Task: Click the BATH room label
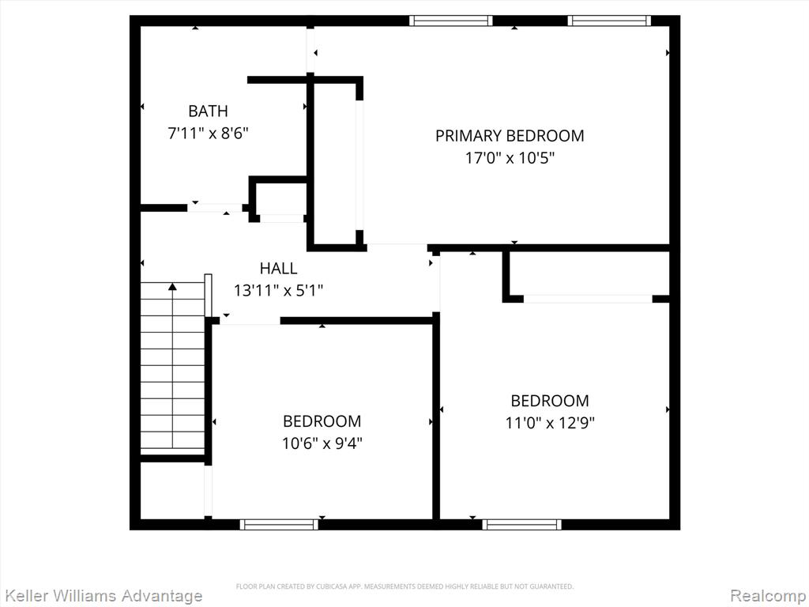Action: pos(208,111)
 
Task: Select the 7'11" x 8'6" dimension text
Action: pos(209,134)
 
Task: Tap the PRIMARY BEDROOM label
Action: pos(510,136)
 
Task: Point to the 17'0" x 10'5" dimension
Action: pos(510,158)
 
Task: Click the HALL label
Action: pos(278,269)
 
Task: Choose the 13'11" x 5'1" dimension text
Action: pos(279,291)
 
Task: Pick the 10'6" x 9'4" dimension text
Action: pos(322,443)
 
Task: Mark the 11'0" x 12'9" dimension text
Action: pos(550,424)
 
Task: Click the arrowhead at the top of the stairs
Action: pos(173,286)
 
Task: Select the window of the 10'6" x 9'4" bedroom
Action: pos(279,525)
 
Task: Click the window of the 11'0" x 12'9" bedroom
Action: pos(521,525)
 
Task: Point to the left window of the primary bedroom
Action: pos(451,21)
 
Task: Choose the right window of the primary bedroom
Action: pos(609,21)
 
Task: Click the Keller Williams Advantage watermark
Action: pos(101,596)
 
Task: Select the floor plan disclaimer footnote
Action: pos(404,586)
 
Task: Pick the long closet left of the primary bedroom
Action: pos(335,163)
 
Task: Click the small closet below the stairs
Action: pos(173,490)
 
